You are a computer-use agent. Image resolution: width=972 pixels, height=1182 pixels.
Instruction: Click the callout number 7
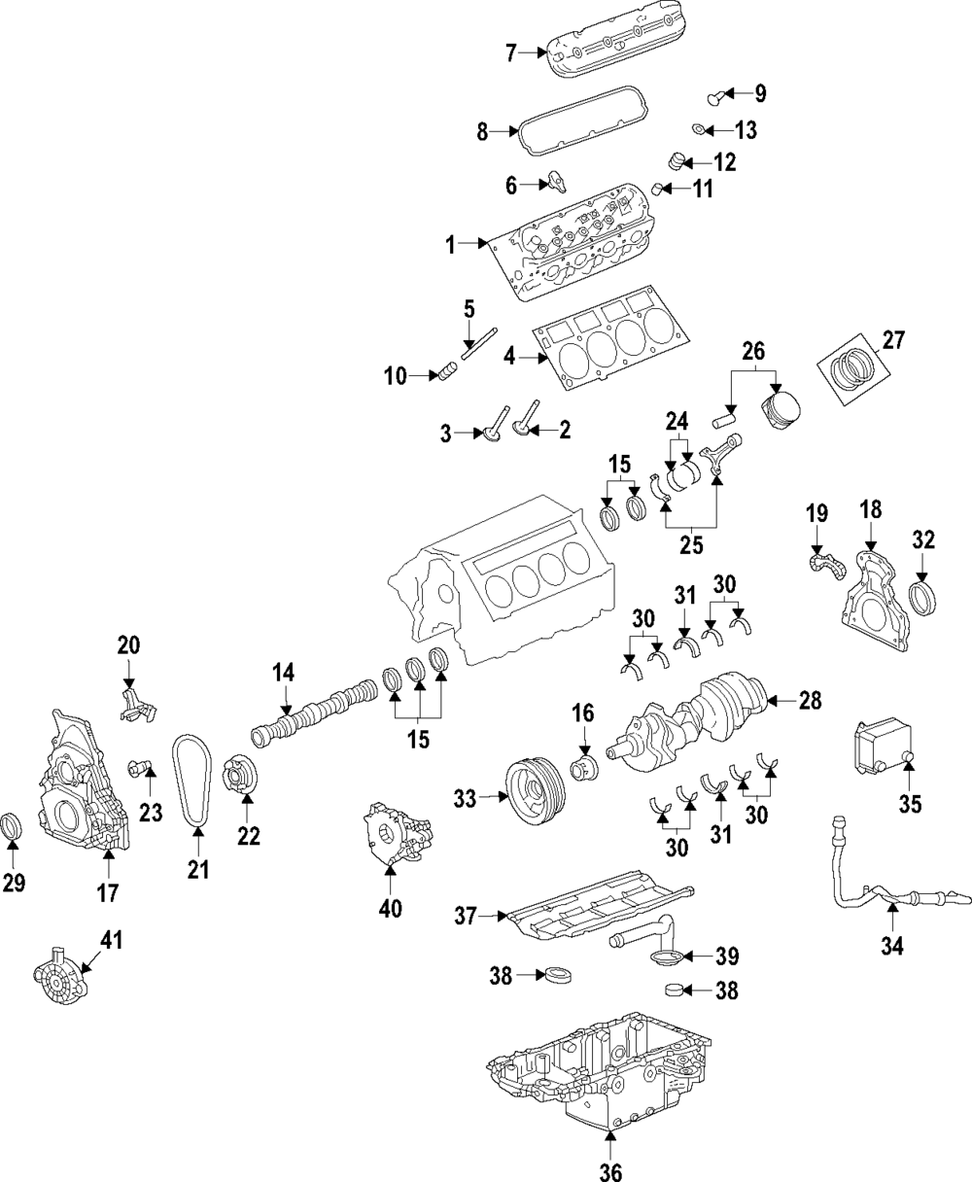(511, 52)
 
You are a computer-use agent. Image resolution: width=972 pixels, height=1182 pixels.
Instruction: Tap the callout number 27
(892, 340)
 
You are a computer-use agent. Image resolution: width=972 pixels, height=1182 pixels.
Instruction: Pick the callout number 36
(609, 1171)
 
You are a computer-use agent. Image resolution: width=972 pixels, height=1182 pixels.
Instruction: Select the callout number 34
(892, 944)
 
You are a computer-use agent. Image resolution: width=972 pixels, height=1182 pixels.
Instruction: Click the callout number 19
(816, 512)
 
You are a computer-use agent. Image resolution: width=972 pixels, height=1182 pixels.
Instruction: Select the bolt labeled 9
(716, 95)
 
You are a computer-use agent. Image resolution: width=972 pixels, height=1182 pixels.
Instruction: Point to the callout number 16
(582, 715)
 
